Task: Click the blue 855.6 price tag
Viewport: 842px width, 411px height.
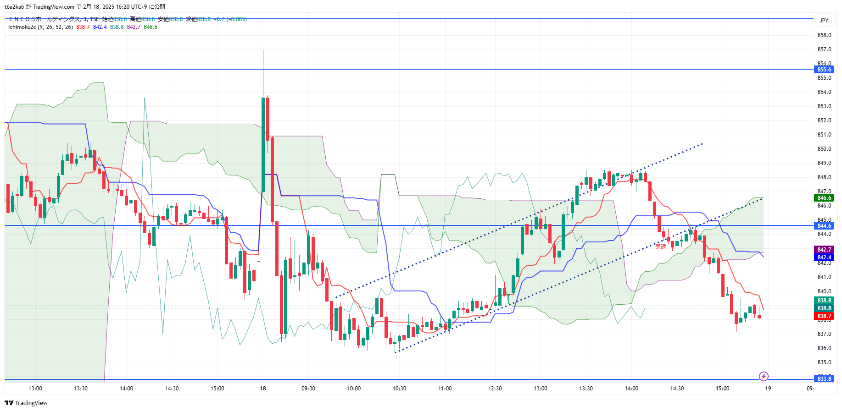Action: point(824,70)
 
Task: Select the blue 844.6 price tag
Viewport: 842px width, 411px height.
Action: point(824,226)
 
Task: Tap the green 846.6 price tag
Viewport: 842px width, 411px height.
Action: point(824,198)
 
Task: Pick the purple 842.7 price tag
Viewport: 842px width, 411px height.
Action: point(824,250)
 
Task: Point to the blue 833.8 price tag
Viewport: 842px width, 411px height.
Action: point(824,379)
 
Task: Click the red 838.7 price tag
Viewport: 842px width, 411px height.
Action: point(824,316)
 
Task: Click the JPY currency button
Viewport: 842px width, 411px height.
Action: point(824,21)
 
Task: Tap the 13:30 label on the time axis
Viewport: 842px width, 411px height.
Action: point(585,389)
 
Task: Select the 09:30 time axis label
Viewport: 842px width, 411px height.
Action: point(308,389)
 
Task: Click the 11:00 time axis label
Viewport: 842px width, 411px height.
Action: point(445,389)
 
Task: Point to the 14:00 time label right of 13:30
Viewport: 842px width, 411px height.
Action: point(631,389)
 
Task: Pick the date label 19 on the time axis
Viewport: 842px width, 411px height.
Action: point(768,389)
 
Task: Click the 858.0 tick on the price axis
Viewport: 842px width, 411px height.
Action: point(824,35)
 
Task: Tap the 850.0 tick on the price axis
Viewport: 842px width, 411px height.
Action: point(824,149)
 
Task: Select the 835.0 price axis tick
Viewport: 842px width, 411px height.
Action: point(824,362)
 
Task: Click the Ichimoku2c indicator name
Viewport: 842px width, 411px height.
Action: point(22,27)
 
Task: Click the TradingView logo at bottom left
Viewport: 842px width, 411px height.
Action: point(26,403)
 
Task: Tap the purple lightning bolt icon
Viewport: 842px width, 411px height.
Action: point(764,377)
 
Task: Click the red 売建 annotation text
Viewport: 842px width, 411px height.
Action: point(660,247)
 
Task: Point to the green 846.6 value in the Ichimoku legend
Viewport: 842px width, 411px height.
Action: point(151,27)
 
